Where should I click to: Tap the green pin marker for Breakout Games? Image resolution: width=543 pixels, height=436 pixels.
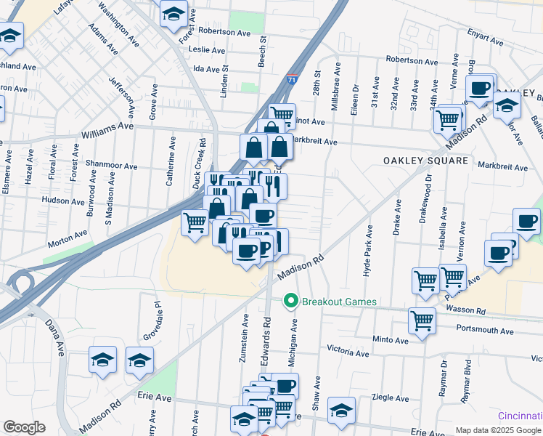tap(291, 300)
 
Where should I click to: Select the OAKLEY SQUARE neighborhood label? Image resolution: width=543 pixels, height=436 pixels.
tap(425, 159)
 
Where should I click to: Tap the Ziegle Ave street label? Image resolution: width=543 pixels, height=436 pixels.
tap(390, 398)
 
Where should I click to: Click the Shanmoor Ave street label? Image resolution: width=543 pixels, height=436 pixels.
tap(111, 166)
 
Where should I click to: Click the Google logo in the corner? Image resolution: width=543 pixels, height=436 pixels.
tap(24, 427)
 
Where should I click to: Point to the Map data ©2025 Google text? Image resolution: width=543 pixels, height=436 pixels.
tap(499, 430)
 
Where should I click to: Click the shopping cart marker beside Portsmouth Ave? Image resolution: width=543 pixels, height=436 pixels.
tap(421, 320)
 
